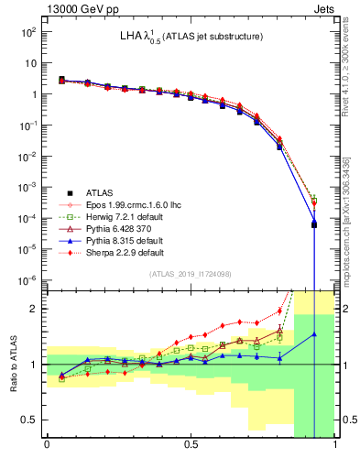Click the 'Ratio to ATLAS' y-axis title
[13, 364]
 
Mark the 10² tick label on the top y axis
[29, 31]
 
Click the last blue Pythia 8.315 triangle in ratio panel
[314, 334]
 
